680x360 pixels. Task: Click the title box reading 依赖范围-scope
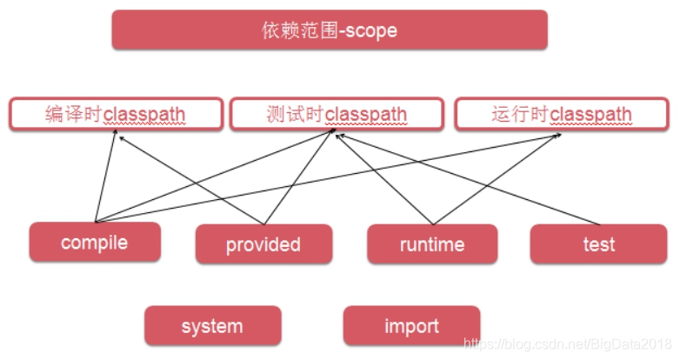tap(330, 30)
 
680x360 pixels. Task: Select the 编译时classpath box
tap(115, 114)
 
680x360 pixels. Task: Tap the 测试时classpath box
tap(337, 114)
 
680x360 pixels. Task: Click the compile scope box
tap(95, 242)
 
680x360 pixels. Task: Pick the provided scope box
tap(263, 244)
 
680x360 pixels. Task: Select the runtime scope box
tap(432, 244)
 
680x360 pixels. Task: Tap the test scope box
tap(599, 244)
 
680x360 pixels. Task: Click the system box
tap(212, 326)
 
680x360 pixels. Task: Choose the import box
tap(411, 326)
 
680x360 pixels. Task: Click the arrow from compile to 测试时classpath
tap(174, 191)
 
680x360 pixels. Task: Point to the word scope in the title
tap(370, 30)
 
